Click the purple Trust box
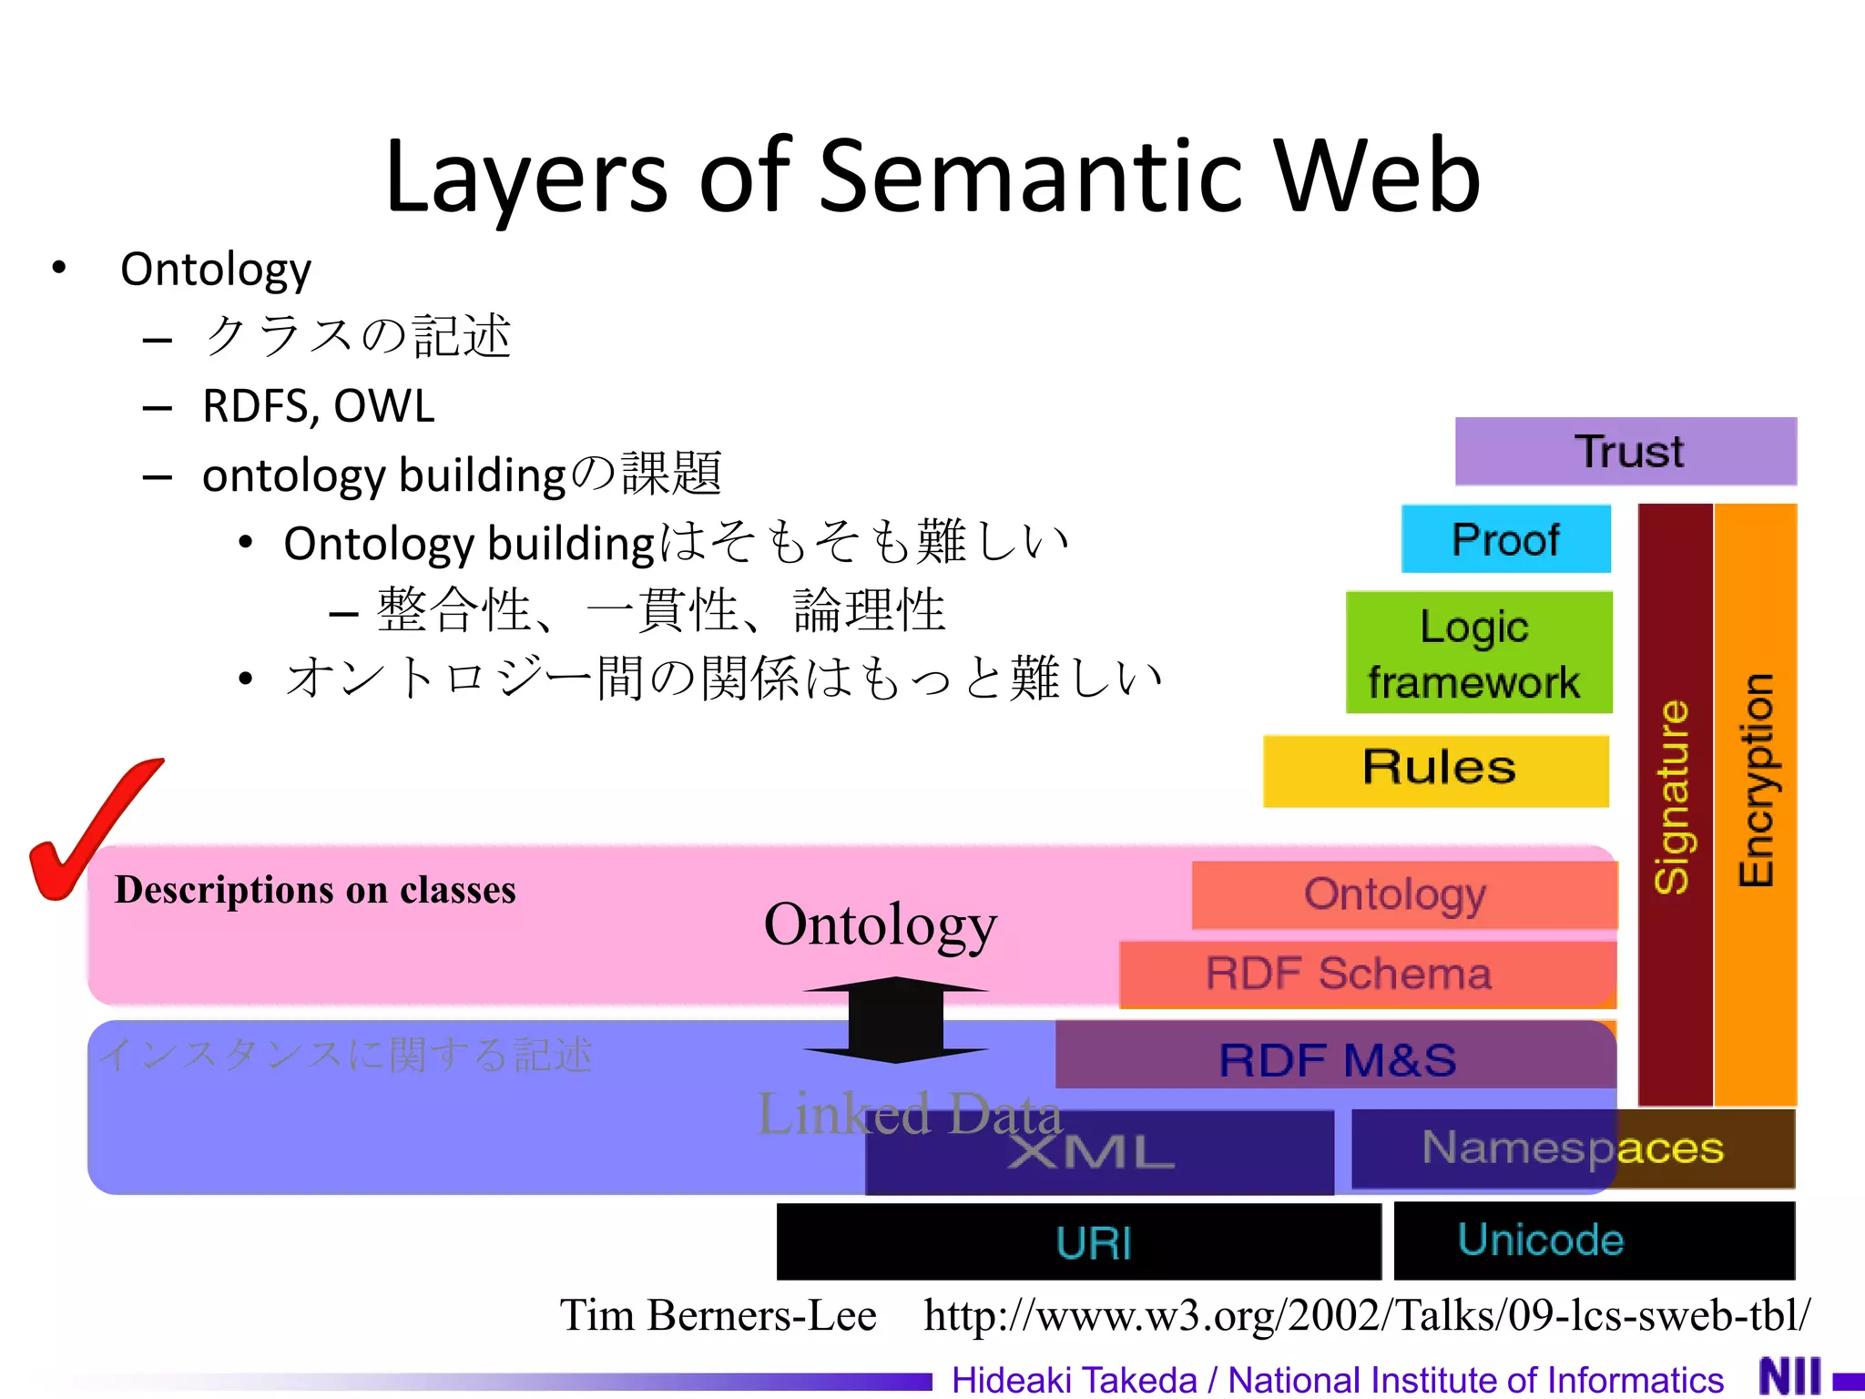point(1626,452)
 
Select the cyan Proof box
point(1505,539)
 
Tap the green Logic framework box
point(1478,652)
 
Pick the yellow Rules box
point(1436,771)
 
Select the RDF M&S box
point(1337,1058)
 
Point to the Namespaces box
point(1572,1148)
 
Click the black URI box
point(1079,1242)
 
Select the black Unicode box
point(1594,1241)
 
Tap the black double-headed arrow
point(896,1020)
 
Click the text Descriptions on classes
point(315,890)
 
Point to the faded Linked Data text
point(909,1113)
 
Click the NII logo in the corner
point(1790,1375)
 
